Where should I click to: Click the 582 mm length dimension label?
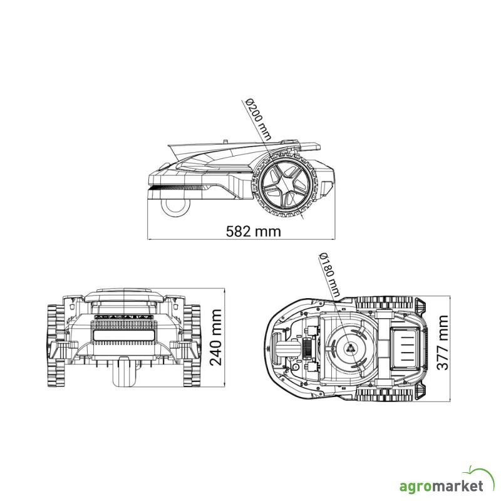pos(254,231)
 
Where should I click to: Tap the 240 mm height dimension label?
pos(216,338)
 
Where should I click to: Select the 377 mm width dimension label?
pos(443,343)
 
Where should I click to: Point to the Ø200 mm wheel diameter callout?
pos(258,120)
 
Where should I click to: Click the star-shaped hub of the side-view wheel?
pos(285,185)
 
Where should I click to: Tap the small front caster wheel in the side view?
pos(175,207)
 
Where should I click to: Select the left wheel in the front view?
pos(57,346)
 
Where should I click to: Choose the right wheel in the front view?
pos(192,346)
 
